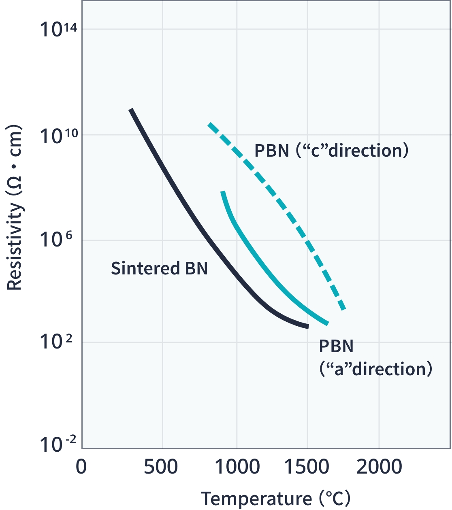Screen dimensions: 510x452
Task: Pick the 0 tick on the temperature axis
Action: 81,467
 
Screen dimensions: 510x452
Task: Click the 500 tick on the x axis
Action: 161,467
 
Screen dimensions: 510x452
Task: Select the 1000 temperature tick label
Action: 237,467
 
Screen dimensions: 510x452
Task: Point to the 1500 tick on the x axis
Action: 307,467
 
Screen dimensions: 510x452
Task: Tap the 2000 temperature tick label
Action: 379,467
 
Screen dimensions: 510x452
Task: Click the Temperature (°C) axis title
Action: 275,498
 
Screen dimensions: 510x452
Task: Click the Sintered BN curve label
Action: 159,268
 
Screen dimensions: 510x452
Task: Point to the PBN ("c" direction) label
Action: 331,151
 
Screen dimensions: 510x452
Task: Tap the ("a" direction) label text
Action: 376,369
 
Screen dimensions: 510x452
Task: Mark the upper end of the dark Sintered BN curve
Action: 131,110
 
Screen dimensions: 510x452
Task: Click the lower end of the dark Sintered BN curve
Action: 307,326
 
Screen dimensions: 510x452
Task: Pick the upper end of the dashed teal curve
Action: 209,124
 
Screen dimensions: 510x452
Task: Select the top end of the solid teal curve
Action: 222,191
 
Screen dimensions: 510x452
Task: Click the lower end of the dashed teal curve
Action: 343,309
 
